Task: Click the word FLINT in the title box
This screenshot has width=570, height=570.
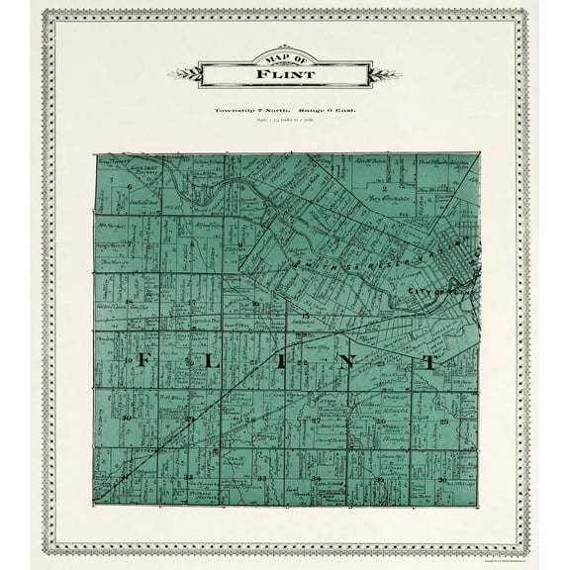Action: (x=285, y=74)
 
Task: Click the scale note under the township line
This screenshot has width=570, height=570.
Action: (x=285, y=121)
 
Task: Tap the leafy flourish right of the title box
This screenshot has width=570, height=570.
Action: (x=387, y=72)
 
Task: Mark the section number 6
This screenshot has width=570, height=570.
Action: (x=130, y=185)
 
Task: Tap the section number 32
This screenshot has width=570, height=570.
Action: (x=188, y=476)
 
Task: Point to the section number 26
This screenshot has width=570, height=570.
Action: (x=381, y=422)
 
